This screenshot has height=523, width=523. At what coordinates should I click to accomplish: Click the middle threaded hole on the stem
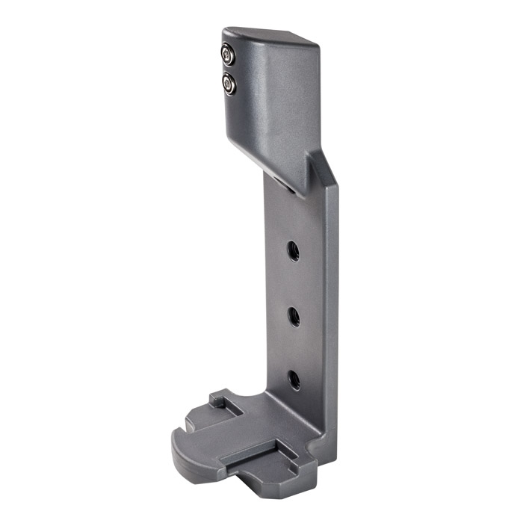coord(294,315)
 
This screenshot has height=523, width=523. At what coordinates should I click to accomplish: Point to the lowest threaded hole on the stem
coord(294,379)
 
